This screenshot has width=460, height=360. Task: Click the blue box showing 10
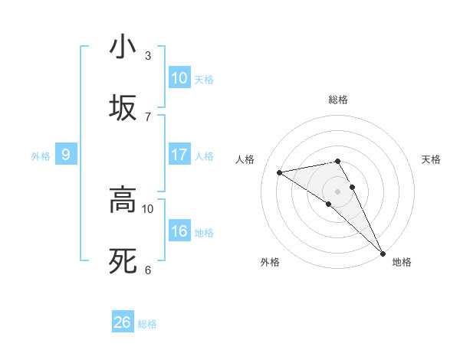[x=179, y=78]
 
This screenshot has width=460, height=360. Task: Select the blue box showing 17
[x=179, y=155]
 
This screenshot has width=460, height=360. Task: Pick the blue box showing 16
[x=179, y=231]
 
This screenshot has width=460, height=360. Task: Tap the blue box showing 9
[x=66, y=155]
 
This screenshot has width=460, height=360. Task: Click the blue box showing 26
[x=123, y=322]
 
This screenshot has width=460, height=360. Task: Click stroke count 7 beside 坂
[x=148, y=116]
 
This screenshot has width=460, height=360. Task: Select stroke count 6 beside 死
[x=148, y=270]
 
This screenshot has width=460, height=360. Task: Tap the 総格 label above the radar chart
[x=337, y=100]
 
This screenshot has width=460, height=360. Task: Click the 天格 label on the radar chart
[x=431, y=159]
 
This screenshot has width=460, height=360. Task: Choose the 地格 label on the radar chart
[x=402, y=262]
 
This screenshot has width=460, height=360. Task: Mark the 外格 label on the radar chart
[x=270, y=262]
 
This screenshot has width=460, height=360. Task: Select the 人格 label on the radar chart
[x=246, y=159]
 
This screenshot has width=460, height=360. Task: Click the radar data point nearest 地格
[x=382, y=253]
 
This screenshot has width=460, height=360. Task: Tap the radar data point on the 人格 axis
[x=280, y=172]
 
